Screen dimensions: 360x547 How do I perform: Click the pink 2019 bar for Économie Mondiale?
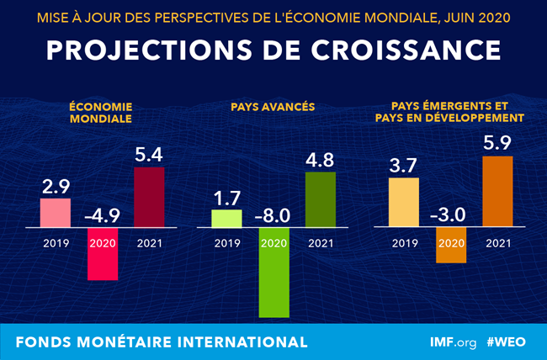[x=56, y=212]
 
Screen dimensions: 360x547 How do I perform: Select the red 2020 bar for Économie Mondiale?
[x=102, y=254]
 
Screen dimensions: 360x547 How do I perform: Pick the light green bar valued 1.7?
[x=226, y=218]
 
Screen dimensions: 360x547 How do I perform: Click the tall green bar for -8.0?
[x=273, y=273]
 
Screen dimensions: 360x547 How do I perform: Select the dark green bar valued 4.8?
[x=320, y=199]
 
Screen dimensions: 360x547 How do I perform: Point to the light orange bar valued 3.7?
[x=402, y=202]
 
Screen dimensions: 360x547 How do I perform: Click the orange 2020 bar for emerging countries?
[x=449, y=245]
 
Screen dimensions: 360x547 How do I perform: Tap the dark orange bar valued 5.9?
[x=497, y=191]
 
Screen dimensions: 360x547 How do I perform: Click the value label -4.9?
[x=102, y=216]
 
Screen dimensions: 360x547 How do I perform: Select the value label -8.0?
[x=273, y=215]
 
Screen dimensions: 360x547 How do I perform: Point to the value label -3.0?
[x=449, y=215]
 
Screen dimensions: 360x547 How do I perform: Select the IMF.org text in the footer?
[x=452, y=342]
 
